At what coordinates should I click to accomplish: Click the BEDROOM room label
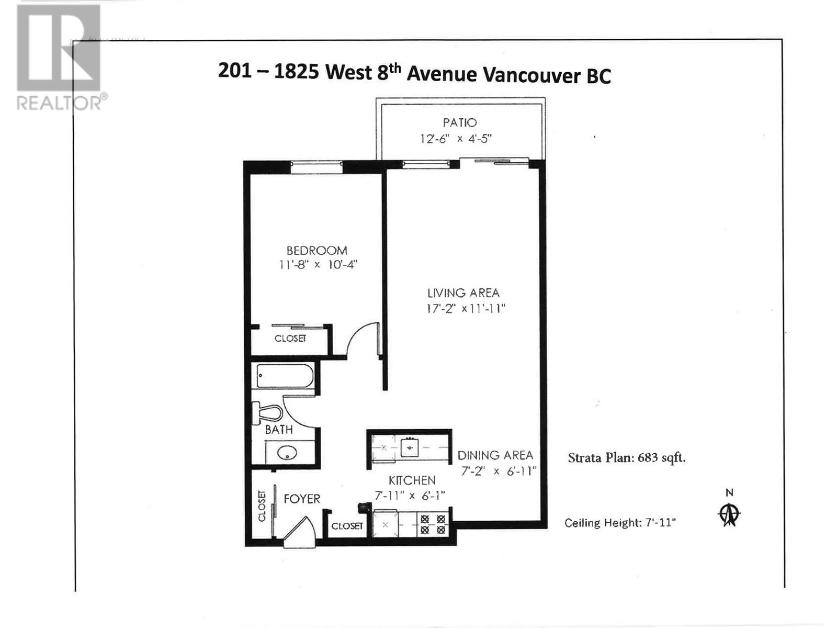(316, 251)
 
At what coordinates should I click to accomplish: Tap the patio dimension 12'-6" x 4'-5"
(456, 139)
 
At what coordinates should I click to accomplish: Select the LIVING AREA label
(463, 293)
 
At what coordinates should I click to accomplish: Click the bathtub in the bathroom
(285, 376)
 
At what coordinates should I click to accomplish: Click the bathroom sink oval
(287, 453)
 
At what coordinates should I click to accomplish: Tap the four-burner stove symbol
(433, 524)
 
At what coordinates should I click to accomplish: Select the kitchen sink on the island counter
(410, 448)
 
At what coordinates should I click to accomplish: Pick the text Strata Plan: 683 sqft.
(627, 458)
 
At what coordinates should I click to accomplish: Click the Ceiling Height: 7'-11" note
(620, 523)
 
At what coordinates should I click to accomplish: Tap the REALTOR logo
(59, 58)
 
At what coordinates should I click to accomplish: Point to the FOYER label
(302, 499)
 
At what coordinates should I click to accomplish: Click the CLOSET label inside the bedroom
(290, 339)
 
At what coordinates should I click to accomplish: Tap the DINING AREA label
(495, 455)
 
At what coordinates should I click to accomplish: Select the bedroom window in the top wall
(316, 167)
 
